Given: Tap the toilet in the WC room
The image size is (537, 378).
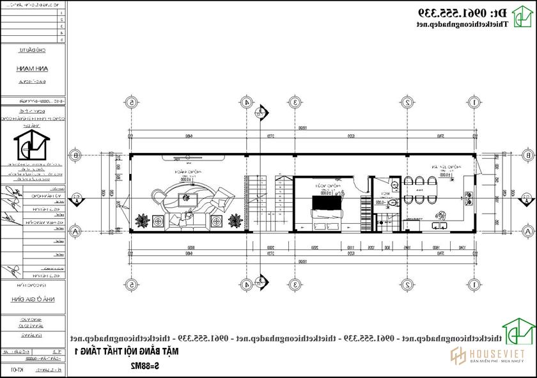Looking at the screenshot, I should pyautogui.click(x=392, y=203).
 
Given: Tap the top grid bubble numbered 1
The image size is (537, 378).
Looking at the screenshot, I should pyautogui.click(x=474, y=102).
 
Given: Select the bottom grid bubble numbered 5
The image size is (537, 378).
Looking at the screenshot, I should pyautogui.click(x=132, y=285).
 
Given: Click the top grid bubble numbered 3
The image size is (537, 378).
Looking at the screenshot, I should pyautogui.click(x=294, y=102).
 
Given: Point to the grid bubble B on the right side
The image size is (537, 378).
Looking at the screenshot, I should pyautogui.click(x=527, y=155).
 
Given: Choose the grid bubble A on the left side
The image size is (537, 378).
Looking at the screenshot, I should pyautogui.click(x=75, y=231).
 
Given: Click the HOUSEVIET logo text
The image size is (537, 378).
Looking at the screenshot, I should pyautogui.click(x=497, y=355).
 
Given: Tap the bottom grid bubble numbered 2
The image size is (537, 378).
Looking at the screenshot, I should pyautogui.click(x=407, y=285).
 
